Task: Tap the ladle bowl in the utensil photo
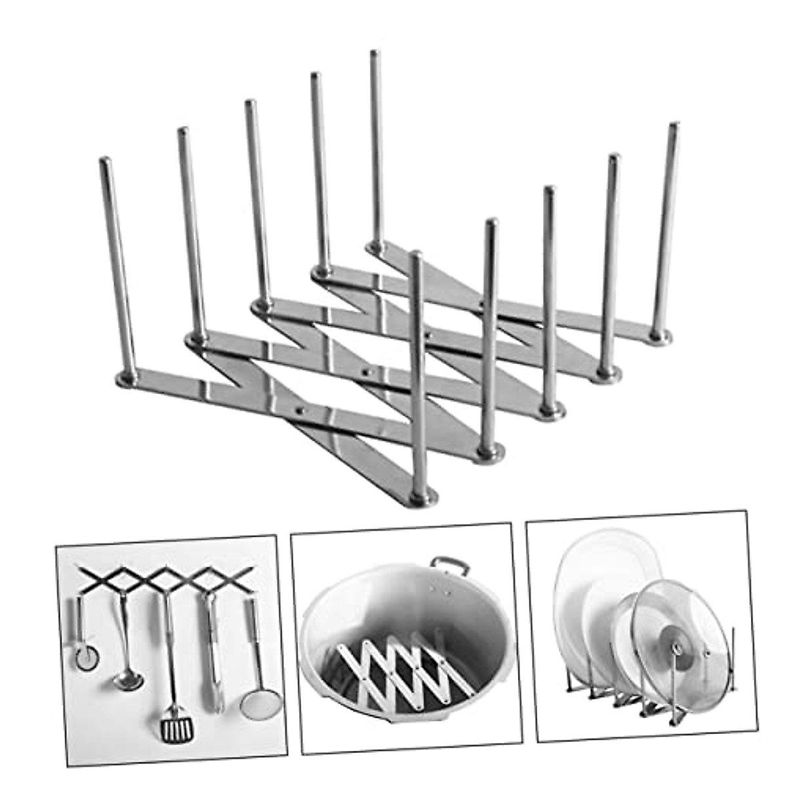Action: point(128,679)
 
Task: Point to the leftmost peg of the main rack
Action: point(118,262)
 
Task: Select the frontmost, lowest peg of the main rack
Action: point(418,367)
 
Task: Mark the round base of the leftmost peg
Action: point(128,378)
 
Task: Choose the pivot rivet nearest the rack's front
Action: point(300,412)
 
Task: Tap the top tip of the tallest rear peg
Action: point(375,54)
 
